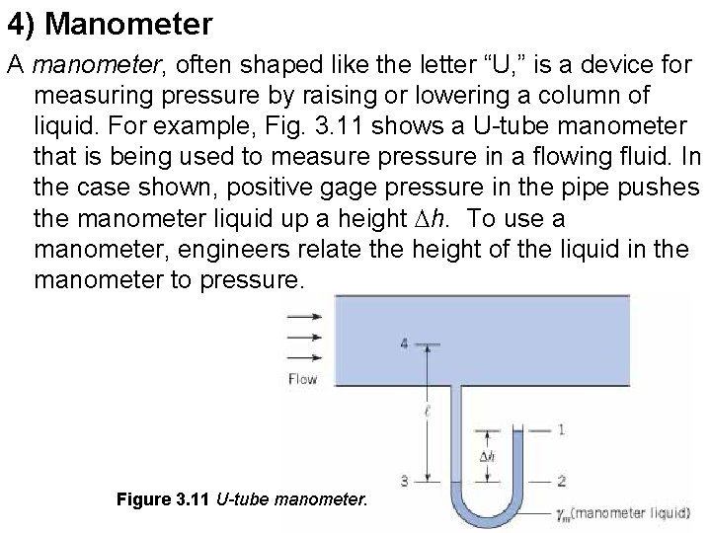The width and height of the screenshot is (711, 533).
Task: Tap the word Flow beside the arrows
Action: (302, 378)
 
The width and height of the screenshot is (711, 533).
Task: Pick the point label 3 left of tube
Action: (405, 481)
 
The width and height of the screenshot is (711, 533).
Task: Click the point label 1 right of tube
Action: (561, 429)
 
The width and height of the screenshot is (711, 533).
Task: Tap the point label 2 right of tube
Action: (561, 482)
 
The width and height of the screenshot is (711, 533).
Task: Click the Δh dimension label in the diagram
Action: (487, 457)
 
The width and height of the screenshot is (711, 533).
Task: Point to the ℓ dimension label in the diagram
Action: (426, 414)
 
